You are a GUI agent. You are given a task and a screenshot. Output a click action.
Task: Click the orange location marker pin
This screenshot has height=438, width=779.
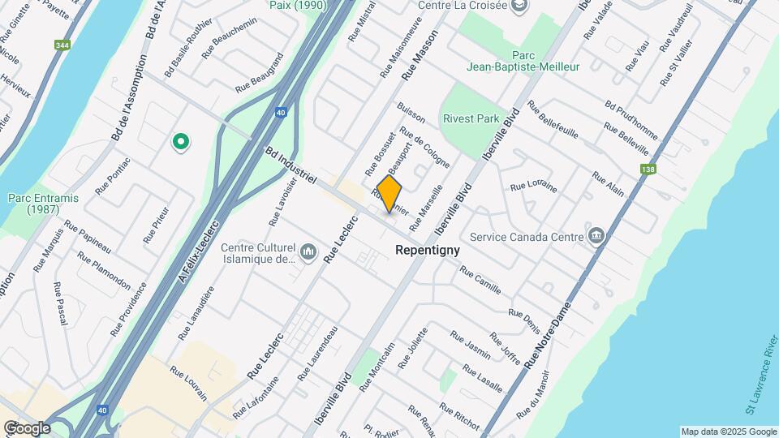tap(389, 195)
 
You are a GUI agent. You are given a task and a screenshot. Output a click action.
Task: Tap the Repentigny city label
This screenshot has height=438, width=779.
tap(427, 251)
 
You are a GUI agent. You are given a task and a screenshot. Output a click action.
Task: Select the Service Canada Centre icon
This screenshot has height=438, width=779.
tap(597, 236)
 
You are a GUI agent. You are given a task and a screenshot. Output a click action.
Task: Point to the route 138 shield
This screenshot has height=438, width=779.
tap(648, 170)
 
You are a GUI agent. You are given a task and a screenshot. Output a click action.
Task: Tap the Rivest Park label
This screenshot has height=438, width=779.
tap(471, 118)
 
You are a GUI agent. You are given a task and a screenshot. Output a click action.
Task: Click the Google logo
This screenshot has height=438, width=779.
tap(27, 427)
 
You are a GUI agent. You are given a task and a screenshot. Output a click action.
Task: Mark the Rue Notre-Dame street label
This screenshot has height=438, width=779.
tap(549, 334)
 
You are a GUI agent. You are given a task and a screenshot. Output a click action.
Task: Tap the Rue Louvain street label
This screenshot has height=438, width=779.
tap(188, 384)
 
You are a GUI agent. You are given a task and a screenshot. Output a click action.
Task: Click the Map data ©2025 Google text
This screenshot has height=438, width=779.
tap(728, 432)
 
